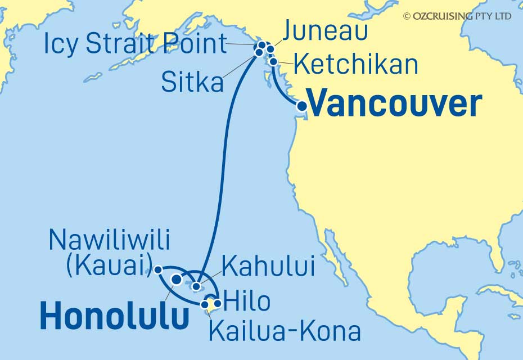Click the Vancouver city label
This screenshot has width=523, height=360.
click(396, 104)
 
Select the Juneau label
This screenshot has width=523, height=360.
click(324, 31)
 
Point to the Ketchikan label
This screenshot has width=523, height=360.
click(357, 65)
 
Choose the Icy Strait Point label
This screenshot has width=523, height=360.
click(136, 43)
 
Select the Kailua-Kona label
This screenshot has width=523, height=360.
click(285, 331)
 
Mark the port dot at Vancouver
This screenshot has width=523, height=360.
click(302, 105)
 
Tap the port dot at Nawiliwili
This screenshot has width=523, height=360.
click(158, 269)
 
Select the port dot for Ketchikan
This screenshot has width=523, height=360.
click(273, 62)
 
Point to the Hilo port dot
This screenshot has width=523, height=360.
click(218, 304)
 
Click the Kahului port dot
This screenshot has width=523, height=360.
click(196, 287)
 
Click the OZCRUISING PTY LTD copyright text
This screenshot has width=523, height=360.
click(457, 16)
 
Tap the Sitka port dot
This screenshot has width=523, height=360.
click(259, 53)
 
